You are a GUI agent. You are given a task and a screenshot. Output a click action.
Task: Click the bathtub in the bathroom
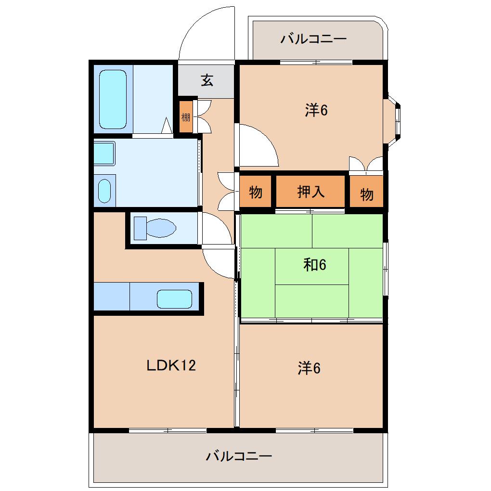(113, 99)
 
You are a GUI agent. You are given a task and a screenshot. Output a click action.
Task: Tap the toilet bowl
(161, 228)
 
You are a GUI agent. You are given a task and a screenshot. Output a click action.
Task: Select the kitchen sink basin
(174, 299)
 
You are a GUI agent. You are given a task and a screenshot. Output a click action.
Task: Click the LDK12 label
(171, 365)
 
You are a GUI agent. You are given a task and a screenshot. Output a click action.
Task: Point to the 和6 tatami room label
(315, 265)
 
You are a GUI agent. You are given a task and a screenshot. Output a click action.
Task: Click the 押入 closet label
(310, 192)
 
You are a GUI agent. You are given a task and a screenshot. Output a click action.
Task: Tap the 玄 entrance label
(207, 80)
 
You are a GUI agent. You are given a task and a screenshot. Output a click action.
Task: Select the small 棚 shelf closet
(186, 117)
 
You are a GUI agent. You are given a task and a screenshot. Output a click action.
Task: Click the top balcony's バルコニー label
(313, 39)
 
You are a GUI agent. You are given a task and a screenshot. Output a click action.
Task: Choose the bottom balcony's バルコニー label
(239, 456)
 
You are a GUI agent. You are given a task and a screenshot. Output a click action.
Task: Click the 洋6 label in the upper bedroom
(316, 110)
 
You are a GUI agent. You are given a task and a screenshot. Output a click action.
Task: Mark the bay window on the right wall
(394, 120)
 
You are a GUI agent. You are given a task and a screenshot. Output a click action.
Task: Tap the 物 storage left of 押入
(256, 192)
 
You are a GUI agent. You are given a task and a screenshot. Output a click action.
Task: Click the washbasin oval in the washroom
(104, 191)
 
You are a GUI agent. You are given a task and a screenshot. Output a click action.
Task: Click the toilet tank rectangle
(140, 228)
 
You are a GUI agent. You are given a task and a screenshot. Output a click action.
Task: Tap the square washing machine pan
(104, 153)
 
